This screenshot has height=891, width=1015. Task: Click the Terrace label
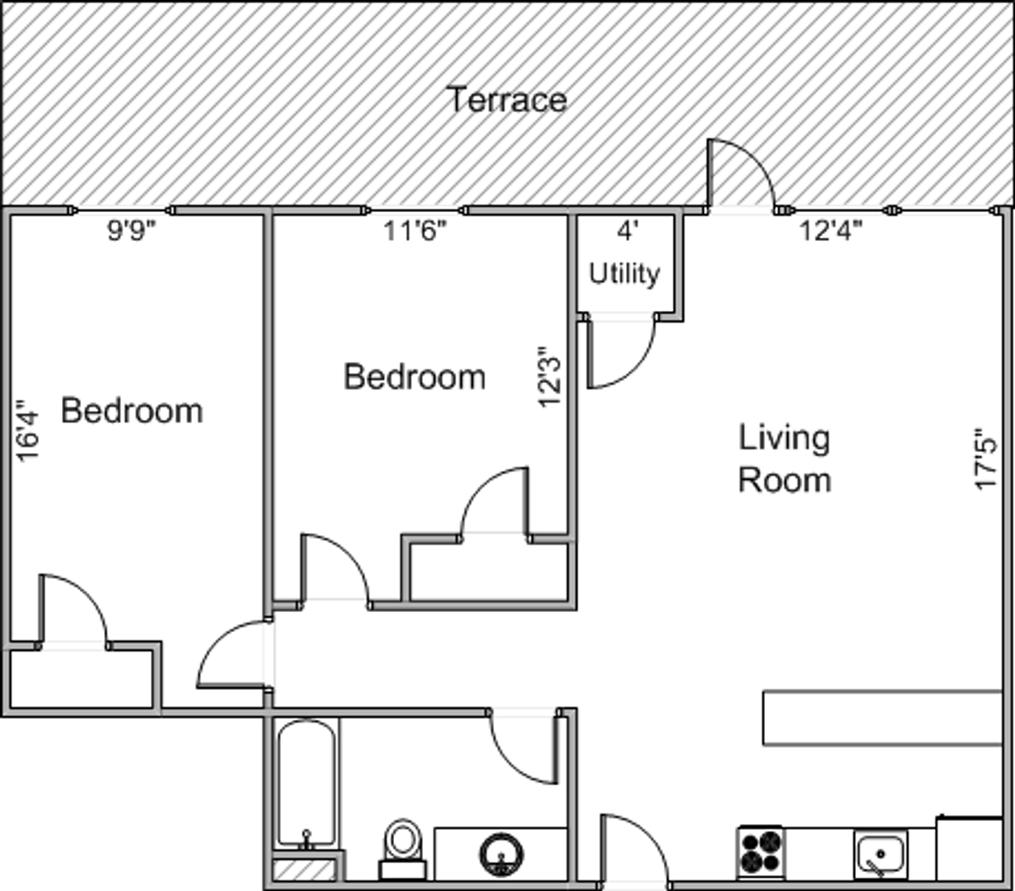click(509, 100)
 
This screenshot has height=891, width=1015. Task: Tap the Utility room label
click(623, 274)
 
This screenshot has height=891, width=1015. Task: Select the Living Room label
click(785, 459)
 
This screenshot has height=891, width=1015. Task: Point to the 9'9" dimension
click(132, 231)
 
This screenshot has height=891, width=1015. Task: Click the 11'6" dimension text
click(415, 231)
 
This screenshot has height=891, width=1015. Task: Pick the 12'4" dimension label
click(830, 231)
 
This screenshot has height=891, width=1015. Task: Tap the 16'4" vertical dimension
click(27, 430)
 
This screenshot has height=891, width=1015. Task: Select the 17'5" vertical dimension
click(985, 459)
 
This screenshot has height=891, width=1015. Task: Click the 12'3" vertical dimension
click(548, 377)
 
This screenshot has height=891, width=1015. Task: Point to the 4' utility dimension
click(627, 231)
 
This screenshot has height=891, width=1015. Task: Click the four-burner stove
click(761, 852)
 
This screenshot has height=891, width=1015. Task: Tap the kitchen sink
click(881, 854)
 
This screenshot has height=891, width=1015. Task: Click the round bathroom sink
click(501, 855)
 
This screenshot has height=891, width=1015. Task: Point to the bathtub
click(307, 785)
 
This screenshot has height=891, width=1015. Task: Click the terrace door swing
click(741, 172)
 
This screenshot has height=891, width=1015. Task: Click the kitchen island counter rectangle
click(882, 718)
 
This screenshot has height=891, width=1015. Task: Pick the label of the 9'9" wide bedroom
click(132, 411)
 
